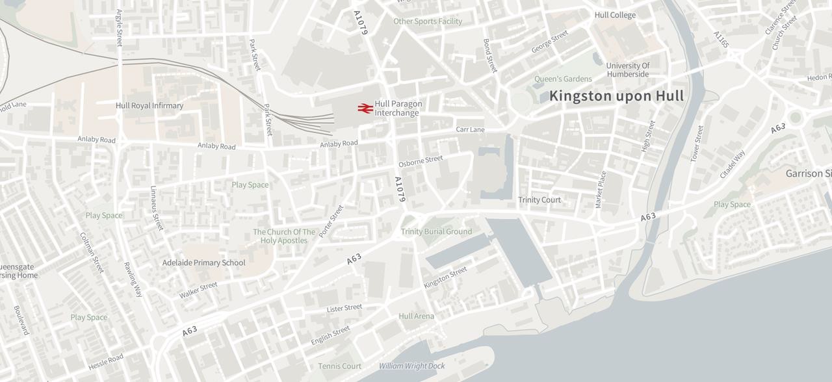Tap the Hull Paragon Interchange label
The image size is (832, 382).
tap(398, 108)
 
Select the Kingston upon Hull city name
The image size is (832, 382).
tap(616, 96)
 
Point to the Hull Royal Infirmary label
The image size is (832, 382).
tap(149, 106)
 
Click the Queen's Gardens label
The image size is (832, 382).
tap(563, 79)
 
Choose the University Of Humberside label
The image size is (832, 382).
tap(628, 70)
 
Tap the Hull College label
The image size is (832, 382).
tap(615, 15)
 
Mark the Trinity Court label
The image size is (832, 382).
tap(539, 200)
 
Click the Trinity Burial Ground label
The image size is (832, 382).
tap(436, 232)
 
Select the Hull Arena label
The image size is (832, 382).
tap(416, 316)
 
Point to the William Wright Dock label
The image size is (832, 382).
tap(412, 366)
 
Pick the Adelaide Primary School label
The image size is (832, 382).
tap(203, 263)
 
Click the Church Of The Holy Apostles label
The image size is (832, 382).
tap(284, 236)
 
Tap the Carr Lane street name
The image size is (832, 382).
tap(470, 130)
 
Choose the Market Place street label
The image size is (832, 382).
tap(601, 190)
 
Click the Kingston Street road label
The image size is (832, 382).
tap(445, 277)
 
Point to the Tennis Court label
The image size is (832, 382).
tap(339, 366)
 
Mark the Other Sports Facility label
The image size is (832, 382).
tap(428, 21)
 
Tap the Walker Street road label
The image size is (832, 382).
tap(198, 290)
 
